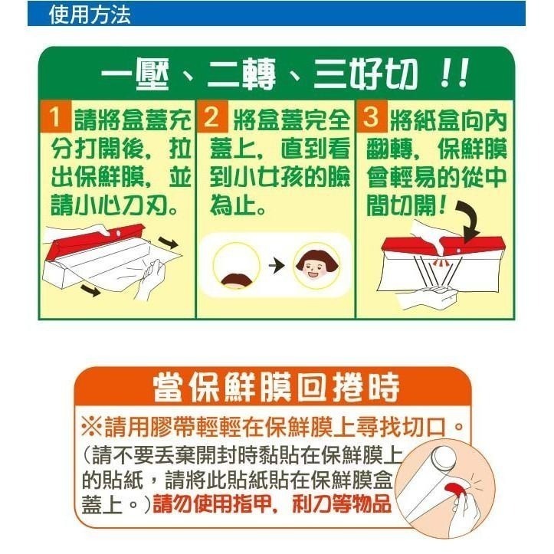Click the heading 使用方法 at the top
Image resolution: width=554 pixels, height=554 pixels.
click(x=89, y=15)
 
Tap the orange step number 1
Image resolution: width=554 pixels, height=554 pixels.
click(x=56, y=119)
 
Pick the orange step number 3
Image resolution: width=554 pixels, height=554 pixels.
click(x=372, y=119)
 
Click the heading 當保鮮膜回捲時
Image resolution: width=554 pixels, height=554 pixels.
click(x=277, y=387)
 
